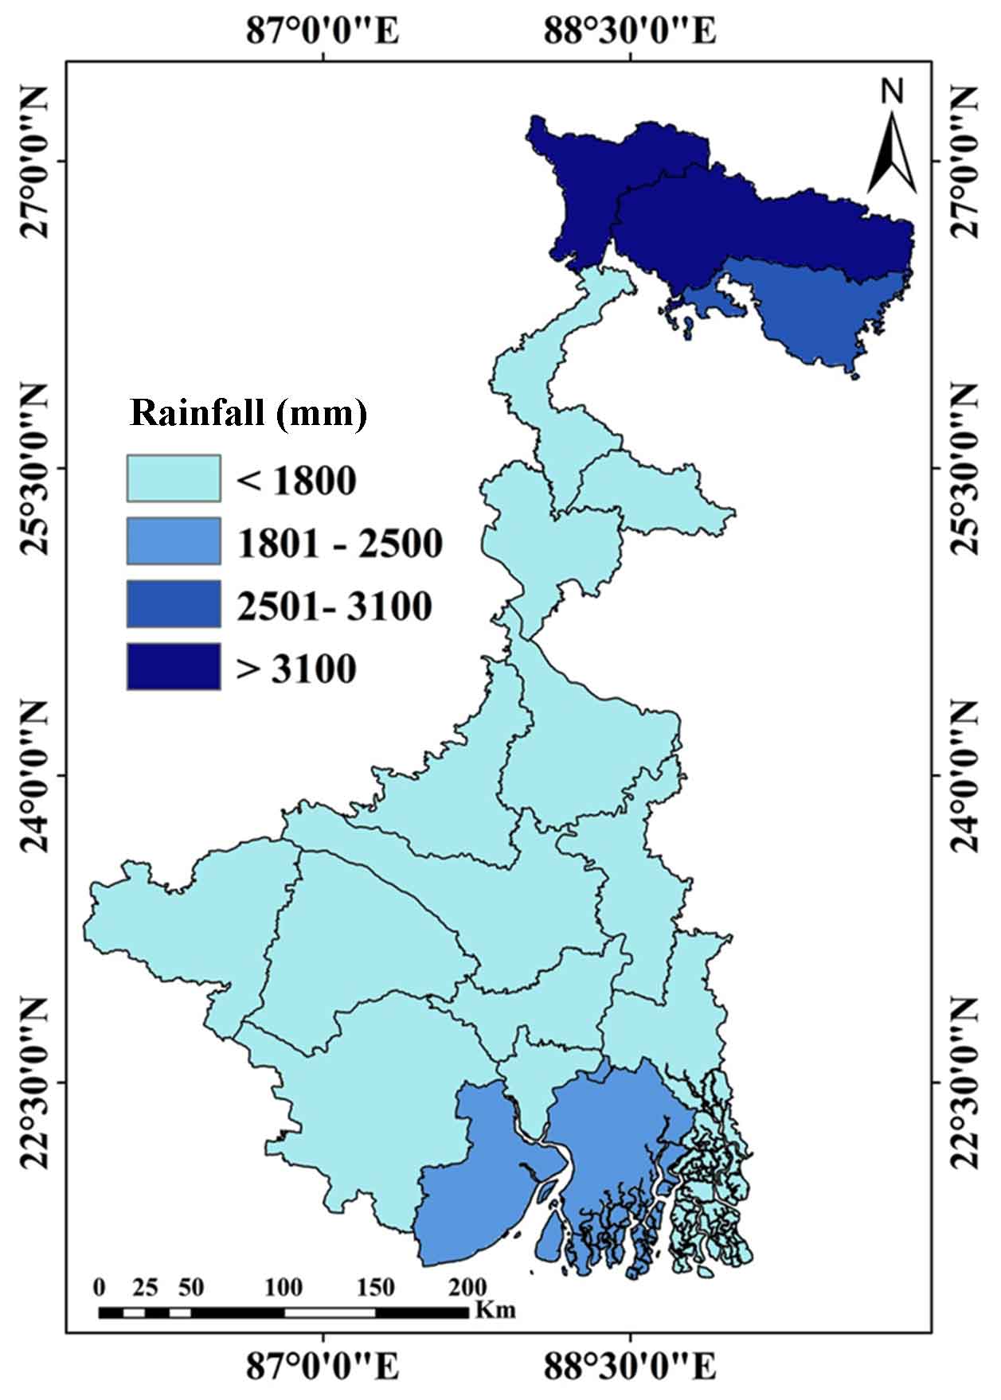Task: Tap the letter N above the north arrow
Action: (x=893, y=92)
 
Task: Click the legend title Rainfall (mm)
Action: (x=248, y=415)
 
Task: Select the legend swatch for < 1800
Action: (x=174, y=478)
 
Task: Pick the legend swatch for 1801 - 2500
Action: (x=174, y=541)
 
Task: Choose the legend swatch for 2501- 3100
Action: (x=174, y=603)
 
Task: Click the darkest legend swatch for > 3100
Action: (x=174, y=666)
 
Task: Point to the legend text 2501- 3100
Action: (x=334, y=606)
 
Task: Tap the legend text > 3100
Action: (x=296, y=669)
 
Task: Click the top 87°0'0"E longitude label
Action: (x=323, y=32)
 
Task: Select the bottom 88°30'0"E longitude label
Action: (x=630, y=1367)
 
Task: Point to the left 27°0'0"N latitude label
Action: (x=36, y=161)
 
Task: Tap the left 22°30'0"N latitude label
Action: (x=36, y=1082)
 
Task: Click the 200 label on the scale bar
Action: (x=467, y=1287)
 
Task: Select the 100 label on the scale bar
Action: (x=283, y=1287)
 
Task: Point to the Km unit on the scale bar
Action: (x=495, y=1309)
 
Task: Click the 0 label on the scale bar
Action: (x=99, y=1287)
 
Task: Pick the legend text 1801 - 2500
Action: (x=340, y=544)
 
